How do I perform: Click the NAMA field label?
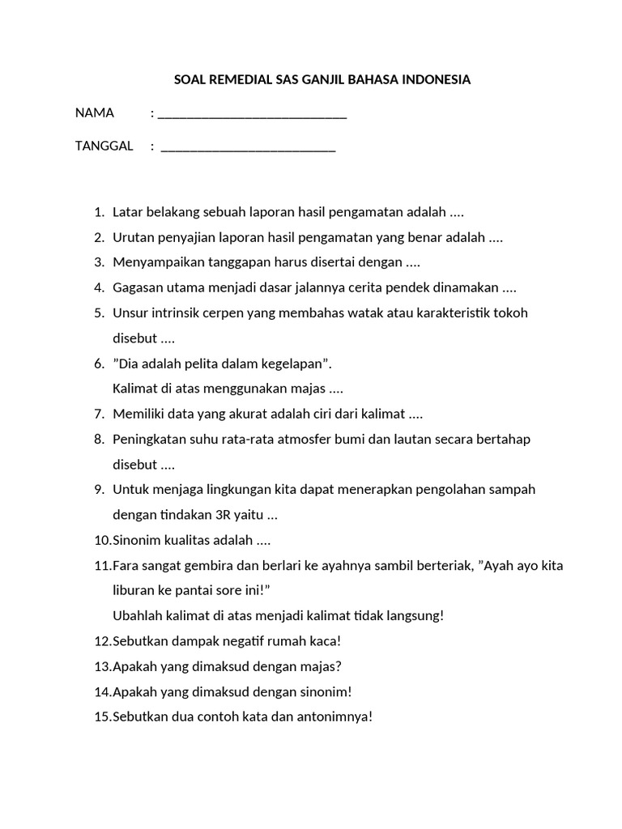(x=95, y=113)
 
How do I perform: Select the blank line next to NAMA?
(x=252, y=114)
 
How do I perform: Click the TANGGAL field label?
(x=104, y=146)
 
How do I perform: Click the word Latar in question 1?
(x=127, y=212)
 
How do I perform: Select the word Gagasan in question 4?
(x=136, y=287)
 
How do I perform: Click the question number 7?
(x=99, y=414)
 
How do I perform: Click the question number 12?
(x=102, y=641)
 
